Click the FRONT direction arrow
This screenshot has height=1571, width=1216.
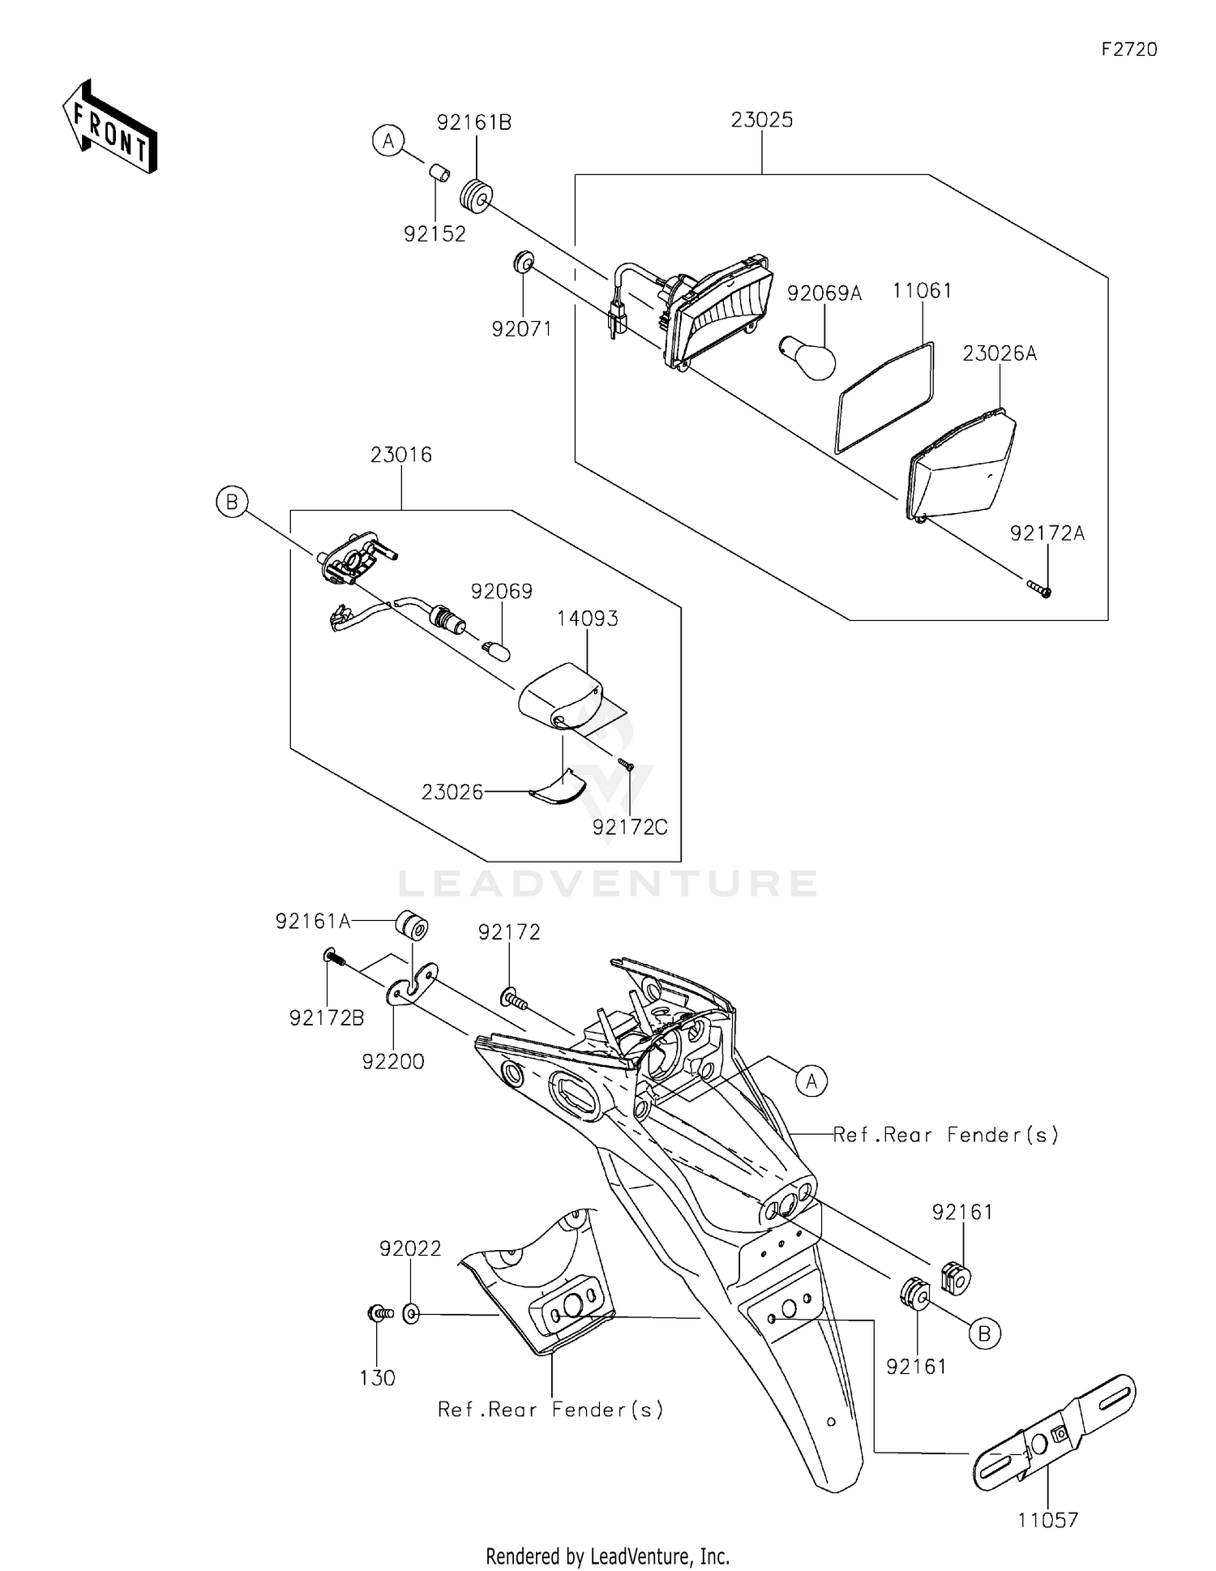pos(109,128)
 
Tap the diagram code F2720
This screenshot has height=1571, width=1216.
pos(1128,49)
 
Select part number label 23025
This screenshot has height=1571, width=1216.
pos(761,120)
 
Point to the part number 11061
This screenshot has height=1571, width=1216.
pos(922,291)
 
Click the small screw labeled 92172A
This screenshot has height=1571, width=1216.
pos(1038,588)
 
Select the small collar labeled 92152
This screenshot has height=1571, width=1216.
pos(439,173)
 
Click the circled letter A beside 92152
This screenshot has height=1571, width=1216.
pos(388,141)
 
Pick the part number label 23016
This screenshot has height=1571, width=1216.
pos(400,455)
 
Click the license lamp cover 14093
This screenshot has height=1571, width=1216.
pos(560,696)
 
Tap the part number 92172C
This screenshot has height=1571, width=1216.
pos(630,827)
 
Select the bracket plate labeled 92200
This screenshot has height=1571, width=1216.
pos(411,983)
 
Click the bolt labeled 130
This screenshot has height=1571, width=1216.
pos(379,1312)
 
